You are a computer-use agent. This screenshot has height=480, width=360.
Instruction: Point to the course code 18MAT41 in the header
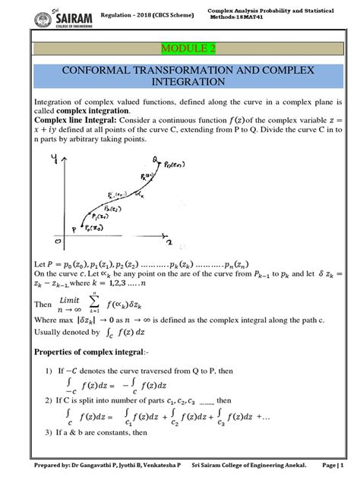point(261,15)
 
